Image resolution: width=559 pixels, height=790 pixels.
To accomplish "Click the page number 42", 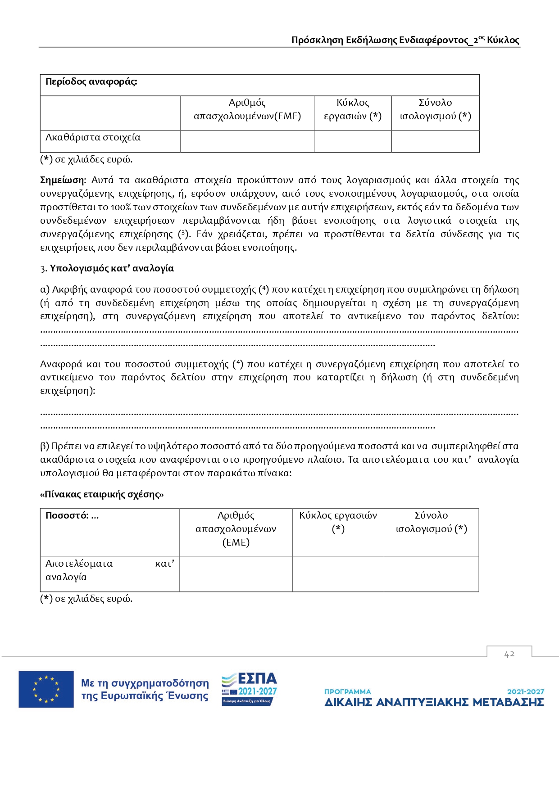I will click(509, 654).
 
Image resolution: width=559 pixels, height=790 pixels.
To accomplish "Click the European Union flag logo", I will click(46, 689).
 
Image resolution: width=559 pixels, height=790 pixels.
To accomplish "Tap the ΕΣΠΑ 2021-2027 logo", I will click(249, 689).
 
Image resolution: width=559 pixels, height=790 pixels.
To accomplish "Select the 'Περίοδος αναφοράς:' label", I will click(91, 82).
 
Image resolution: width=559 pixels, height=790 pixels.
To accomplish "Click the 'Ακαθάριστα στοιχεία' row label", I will click(93, 137).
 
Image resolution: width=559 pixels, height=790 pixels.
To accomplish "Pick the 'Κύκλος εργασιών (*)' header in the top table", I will click(353, 109).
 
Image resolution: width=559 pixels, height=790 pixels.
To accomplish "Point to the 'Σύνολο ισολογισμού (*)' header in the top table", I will click(435, 109).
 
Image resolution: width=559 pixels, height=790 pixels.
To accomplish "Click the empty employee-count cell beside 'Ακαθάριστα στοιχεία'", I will click(247, 142).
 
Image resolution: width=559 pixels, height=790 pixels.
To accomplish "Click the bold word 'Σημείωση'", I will click(62, 180).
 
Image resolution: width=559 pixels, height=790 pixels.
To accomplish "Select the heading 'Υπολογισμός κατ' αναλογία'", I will click(112, 268).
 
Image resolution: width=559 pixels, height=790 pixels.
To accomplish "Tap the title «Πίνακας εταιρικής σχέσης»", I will click(102, 494).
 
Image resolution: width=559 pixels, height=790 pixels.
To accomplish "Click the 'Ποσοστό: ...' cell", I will click(72, 516).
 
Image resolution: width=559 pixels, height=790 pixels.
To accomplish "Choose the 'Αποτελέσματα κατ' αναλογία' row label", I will click(109, 570).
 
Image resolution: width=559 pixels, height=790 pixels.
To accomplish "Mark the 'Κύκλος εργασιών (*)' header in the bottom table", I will click(338, 522).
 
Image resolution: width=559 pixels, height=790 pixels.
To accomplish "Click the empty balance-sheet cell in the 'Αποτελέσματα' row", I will click(431, 574).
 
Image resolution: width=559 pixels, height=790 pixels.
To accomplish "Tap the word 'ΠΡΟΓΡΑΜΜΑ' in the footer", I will click(347, 691).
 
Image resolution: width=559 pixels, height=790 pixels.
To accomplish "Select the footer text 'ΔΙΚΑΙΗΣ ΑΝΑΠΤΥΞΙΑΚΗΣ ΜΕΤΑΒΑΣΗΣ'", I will click(434, 702).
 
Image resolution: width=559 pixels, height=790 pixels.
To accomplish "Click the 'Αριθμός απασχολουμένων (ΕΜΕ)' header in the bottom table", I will click(236, 528).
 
